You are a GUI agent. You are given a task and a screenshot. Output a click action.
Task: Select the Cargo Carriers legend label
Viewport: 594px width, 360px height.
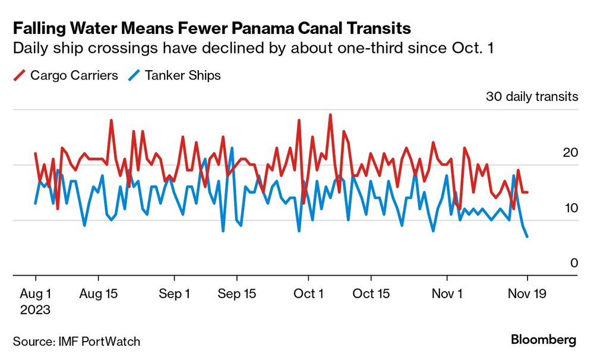pyautogui.click(x=74, y=75)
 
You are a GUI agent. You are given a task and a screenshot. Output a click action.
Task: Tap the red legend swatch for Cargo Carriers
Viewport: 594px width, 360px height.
pyautogui.click(x=19, y=75)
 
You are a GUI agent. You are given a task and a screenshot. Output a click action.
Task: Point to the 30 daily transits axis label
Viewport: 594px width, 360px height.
pyautogui.click(x=532, y=97)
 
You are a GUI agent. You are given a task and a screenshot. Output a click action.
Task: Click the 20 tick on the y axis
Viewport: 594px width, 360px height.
pyautogui.click(x=570, y=153)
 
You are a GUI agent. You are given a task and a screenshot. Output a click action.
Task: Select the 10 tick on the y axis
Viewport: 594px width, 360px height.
pyautogui.click(x=570, y=208)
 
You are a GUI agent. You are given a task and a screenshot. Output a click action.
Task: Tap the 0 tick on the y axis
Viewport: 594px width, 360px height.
pyautogui.click(x=574, y=263)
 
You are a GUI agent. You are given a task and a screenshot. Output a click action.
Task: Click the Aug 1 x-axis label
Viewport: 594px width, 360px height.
pyautogui.click(x=36, y=293)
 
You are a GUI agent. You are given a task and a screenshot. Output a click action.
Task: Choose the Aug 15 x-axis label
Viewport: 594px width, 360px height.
pyautogui.click(x=99, y=293)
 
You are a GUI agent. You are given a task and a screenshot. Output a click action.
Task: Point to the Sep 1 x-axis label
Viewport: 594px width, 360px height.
pyautogui.click(x=175, y=293)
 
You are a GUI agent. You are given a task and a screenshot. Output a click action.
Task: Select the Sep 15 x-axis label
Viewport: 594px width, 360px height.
pyautogui.click(x=237, y=293)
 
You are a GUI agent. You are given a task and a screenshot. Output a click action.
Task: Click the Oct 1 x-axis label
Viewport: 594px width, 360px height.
pyautogui.click(x=308, y=293)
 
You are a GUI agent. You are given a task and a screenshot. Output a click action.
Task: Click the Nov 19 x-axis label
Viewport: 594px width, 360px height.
pyautogui.click(x=527, y=293)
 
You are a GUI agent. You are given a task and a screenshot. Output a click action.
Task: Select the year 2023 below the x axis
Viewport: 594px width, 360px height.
pyautogui.click(x=36, y=310)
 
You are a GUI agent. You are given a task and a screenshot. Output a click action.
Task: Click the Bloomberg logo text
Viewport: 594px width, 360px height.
pyautogui.click(x=544, y=340)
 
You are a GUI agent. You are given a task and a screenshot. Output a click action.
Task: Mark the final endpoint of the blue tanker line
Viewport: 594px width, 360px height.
pyautogui.click(x=527, y=237)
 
